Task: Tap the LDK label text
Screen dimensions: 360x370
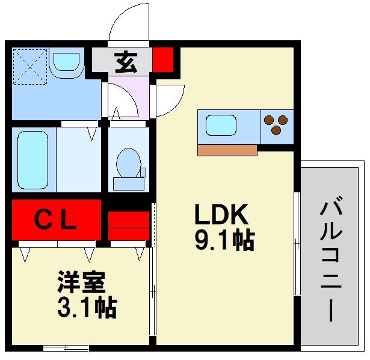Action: coord(221,215)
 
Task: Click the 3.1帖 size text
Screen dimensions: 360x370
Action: coord(87,308)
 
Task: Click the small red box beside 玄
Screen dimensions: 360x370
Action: coord(163,60)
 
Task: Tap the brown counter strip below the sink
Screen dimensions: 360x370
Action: coord(227,150)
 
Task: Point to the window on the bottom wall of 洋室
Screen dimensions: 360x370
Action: coord(66,348)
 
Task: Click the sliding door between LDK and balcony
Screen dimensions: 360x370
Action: coord(297,243)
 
